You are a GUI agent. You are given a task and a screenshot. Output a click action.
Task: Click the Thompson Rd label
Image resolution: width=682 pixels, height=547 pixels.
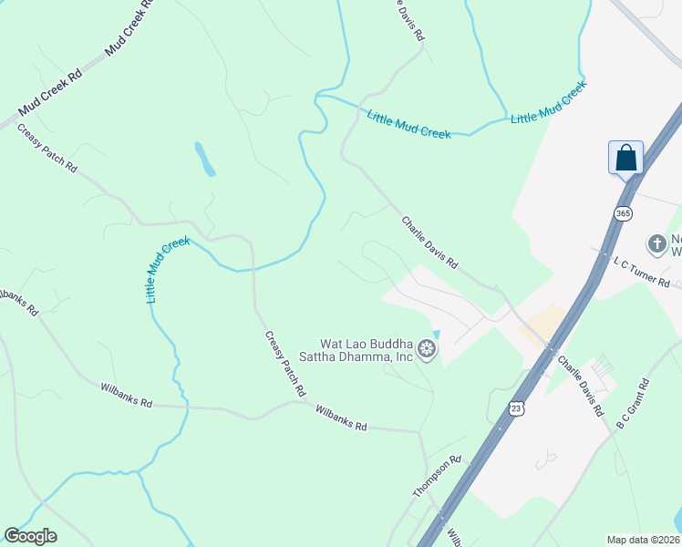[438, 476]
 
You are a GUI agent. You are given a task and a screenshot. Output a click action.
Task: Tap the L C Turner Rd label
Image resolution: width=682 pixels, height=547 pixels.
[641, 272]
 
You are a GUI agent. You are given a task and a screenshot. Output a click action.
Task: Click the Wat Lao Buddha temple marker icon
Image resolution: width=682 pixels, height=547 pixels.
[425, 348]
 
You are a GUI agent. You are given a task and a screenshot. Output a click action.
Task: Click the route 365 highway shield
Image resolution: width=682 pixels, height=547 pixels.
[623, 213]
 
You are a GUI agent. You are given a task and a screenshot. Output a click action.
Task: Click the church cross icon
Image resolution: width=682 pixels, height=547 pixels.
[656, 243]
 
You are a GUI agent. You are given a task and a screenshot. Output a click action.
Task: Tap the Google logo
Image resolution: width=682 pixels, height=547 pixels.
[30, 536]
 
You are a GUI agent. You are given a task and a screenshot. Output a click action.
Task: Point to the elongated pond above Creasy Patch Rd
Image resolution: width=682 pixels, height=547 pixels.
[205, 159]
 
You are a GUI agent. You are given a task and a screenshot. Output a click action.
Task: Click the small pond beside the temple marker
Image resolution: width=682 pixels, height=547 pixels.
[435, 335]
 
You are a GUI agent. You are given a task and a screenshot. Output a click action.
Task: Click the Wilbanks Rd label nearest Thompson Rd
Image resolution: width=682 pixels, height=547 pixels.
[341, 418]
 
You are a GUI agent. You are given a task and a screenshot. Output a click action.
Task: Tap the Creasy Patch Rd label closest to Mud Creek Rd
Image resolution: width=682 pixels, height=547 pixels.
[46, 149]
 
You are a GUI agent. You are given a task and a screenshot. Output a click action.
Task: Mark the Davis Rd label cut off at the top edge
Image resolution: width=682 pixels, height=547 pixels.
[411, 18]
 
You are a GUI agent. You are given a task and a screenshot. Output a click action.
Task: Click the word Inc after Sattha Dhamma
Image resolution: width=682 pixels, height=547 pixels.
[402, 357]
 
